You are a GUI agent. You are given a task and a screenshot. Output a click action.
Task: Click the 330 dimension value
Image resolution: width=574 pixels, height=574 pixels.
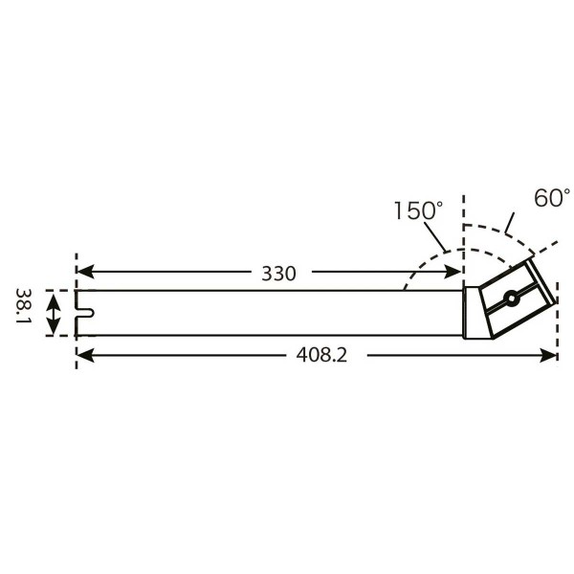pyautogui.click(x=278, y=274)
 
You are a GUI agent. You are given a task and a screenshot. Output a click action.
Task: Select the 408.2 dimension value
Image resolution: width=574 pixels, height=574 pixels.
pyautogui.click(x=320, y=356)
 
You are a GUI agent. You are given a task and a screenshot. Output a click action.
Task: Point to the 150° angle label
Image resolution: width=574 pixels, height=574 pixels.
pyautogui.click(x=418, y=210)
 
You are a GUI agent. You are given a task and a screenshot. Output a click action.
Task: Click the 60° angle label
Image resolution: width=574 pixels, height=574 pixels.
pyautogui.click(x=552, y=198)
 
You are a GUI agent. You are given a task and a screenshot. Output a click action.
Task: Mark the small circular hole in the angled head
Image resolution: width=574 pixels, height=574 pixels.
pyautogui.click(x=513, y=298)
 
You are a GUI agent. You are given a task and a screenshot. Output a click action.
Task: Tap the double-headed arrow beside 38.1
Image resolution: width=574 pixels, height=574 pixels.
pyautogui.click(x=55, y=313)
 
